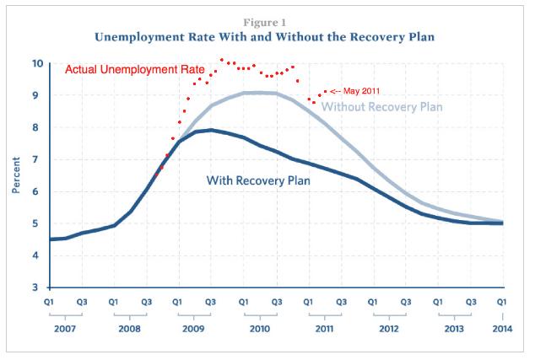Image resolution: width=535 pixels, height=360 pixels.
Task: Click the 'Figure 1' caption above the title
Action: [267, 19]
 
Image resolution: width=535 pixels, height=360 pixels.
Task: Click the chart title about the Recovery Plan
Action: [267, 37]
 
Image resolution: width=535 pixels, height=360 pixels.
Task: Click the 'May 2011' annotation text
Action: [362, 90]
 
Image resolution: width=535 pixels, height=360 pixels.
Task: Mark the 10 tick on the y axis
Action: [39, 63]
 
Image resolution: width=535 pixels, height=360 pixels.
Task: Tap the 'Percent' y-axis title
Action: [16, 175]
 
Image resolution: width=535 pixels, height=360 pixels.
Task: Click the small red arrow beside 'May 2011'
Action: [334, 90]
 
